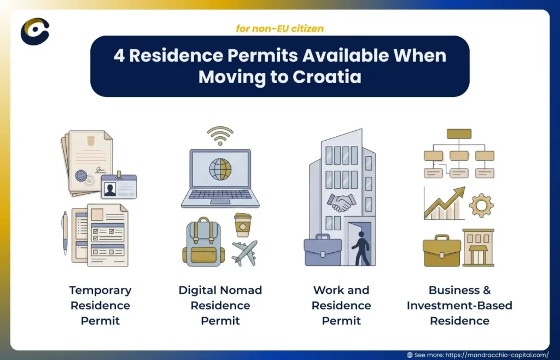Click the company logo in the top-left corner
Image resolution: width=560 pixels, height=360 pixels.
[35, 31]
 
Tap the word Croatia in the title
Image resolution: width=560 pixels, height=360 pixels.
[326, 77]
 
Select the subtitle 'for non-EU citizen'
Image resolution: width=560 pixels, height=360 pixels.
[279, 28]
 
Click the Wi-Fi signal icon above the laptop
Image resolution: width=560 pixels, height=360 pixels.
[220, 136]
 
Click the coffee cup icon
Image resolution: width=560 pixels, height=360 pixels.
[242, 224]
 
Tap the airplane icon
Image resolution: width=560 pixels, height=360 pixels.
[244, 252]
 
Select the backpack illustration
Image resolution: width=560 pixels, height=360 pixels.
[203, 242]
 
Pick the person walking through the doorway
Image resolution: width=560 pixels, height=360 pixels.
[360, 247]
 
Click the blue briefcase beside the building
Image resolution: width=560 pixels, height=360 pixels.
[323, 251]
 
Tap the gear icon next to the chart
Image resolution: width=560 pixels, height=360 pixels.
[481, 205]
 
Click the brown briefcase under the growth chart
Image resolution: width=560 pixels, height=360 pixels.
[441, 251]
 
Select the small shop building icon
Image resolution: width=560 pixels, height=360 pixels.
[478, 248]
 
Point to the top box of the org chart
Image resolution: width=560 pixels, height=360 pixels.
[459, 133]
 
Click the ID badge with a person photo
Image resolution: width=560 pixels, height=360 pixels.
[119, 187]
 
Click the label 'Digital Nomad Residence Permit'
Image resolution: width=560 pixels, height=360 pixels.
[220, 305]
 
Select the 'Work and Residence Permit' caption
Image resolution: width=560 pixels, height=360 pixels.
[341, 305]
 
